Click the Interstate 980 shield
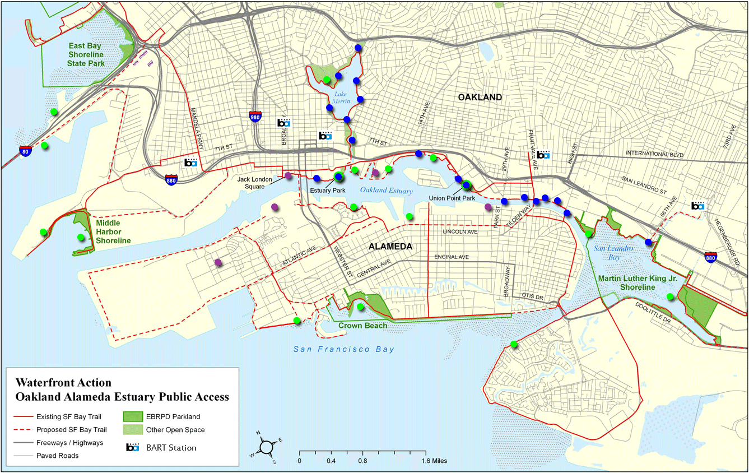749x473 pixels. coord(255,117)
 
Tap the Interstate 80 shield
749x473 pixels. coord(24,151)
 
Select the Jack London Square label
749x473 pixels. coord(255,183)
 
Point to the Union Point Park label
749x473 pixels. coord(452,198)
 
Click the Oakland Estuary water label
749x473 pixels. coord(386,191)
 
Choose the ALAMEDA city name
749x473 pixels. coord(390,247)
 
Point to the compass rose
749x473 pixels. coord(267,447)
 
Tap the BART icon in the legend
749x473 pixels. coord(132,447)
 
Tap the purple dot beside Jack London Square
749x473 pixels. coord(288,176)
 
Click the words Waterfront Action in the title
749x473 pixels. coord(63,383)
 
